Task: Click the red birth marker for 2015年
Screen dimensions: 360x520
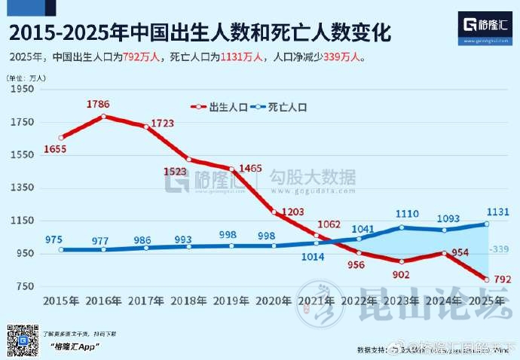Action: pos(61,138)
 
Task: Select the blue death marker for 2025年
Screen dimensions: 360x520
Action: pos(487,224)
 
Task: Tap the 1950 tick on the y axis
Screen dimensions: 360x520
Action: pos(23,90)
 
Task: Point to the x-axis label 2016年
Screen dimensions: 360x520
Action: pos(104,301)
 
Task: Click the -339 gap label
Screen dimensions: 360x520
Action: pos(499,249)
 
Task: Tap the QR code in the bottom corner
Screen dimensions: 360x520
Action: pos(23,340)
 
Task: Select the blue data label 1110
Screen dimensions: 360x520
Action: pos(406,215)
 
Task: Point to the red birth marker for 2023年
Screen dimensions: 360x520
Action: pos(402,261)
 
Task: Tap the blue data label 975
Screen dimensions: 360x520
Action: pos(54,239)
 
